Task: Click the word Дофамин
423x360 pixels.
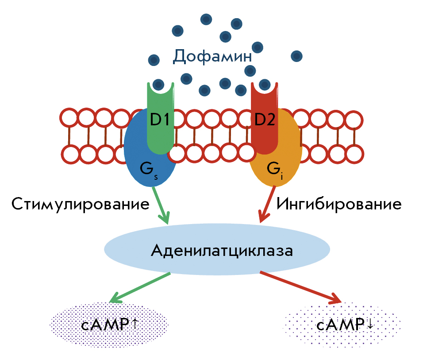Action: [x=212, y=56]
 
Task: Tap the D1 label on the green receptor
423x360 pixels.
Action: [x=160, y=119]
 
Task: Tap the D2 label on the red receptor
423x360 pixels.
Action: [x=265, y=119]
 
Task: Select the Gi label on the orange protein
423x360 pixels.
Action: [x=275, y=170]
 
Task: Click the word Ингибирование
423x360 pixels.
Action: [x=339, y=204]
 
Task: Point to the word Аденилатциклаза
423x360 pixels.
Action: [x=222, y=251]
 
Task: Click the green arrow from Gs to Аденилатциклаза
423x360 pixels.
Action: [x=161, y=205]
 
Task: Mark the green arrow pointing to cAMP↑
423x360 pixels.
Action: [x=139, y=288]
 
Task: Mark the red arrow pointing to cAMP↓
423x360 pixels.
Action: [x=301, y=288]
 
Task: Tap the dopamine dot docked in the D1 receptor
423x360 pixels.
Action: [x=158, y=85]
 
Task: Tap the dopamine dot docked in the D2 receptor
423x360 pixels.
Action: [x=265, y=85]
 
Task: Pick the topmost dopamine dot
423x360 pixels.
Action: [x=206, y=19]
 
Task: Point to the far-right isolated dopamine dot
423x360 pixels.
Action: [x=296, y=56]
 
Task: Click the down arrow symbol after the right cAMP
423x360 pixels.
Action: [x=370, y=324]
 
